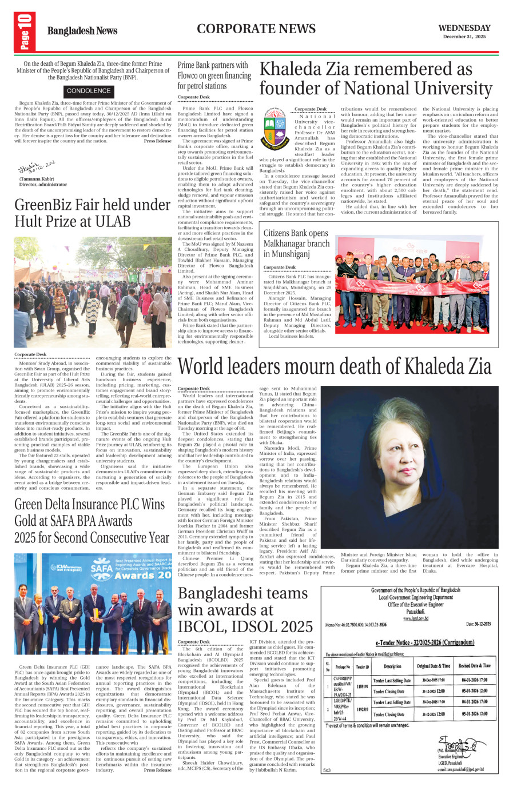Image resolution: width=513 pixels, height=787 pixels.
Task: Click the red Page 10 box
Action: coord(26,32)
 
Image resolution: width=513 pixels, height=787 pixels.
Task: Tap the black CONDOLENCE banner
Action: coord(89,91)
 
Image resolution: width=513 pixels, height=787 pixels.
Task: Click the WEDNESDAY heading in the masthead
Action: coord(464,28)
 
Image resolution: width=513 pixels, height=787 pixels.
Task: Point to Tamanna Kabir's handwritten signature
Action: coord(37,167)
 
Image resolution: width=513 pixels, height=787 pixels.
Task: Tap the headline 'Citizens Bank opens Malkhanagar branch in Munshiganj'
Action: coord(296,243)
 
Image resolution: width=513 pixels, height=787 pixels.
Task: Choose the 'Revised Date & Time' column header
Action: coord(474,666)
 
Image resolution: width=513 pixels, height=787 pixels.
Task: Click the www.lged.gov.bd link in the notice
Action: coord(416,618)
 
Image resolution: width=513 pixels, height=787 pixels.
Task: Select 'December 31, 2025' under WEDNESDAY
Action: coord(464,37)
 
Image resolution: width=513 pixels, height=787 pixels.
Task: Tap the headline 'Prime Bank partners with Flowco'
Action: coord(214,75)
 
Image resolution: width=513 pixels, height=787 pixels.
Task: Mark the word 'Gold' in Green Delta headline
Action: coord(30,521)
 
